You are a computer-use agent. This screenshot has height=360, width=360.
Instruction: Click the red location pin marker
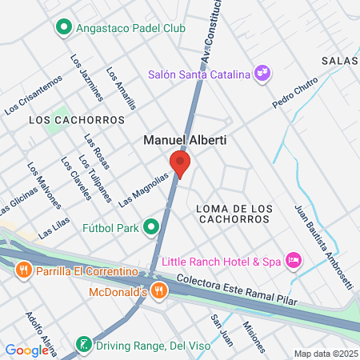pyautogui.click(x=181, y=163)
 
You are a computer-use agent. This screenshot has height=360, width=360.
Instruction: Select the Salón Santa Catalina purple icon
pyautogui.click(x=262, y=74)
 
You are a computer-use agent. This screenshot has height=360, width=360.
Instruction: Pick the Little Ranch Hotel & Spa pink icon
pyautogui.click(x=294, y=260)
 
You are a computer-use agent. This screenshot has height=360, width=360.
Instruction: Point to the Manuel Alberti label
pyautogui.click(x=185, y=139)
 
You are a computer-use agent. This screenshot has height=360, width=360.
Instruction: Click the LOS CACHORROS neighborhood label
pyautogui.click(x=77, y=120)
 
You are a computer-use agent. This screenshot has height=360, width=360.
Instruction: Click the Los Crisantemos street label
pyautogui.click(x=33, y=94)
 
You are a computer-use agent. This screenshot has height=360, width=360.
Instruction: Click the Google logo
pyautogui.click(x=26, y=350)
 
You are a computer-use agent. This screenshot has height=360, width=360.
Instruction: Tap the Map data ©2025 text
pyautogui.click(x=325, y=354)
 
